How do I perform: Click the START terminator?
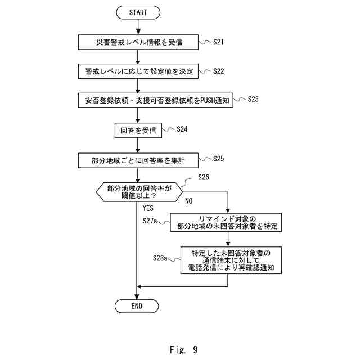(138, 12)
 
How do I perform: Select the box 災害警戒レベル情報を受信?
(138, 42)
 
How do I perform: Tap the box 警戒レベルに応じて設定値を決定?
(138, 71)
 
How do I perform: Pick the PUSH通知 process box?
(155, 101)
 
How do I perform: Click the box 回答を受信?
(138, 130)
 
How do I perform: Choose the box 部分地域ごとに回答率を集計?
(138, 160)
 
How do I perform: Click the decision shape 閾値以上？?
(138, 191)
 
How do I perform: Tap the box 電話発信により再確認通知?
(230, 260)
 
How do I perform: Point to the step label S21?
(219, 42)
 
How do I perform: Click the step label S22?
(219, 71)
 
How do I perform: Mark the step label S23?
(253, 99)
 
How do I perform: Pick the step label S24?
(182, 129)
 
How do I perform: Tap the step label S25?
(219, 159)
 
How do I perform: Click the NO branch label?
(188, 201)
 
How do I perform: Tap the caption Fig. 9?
(183, 350)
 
